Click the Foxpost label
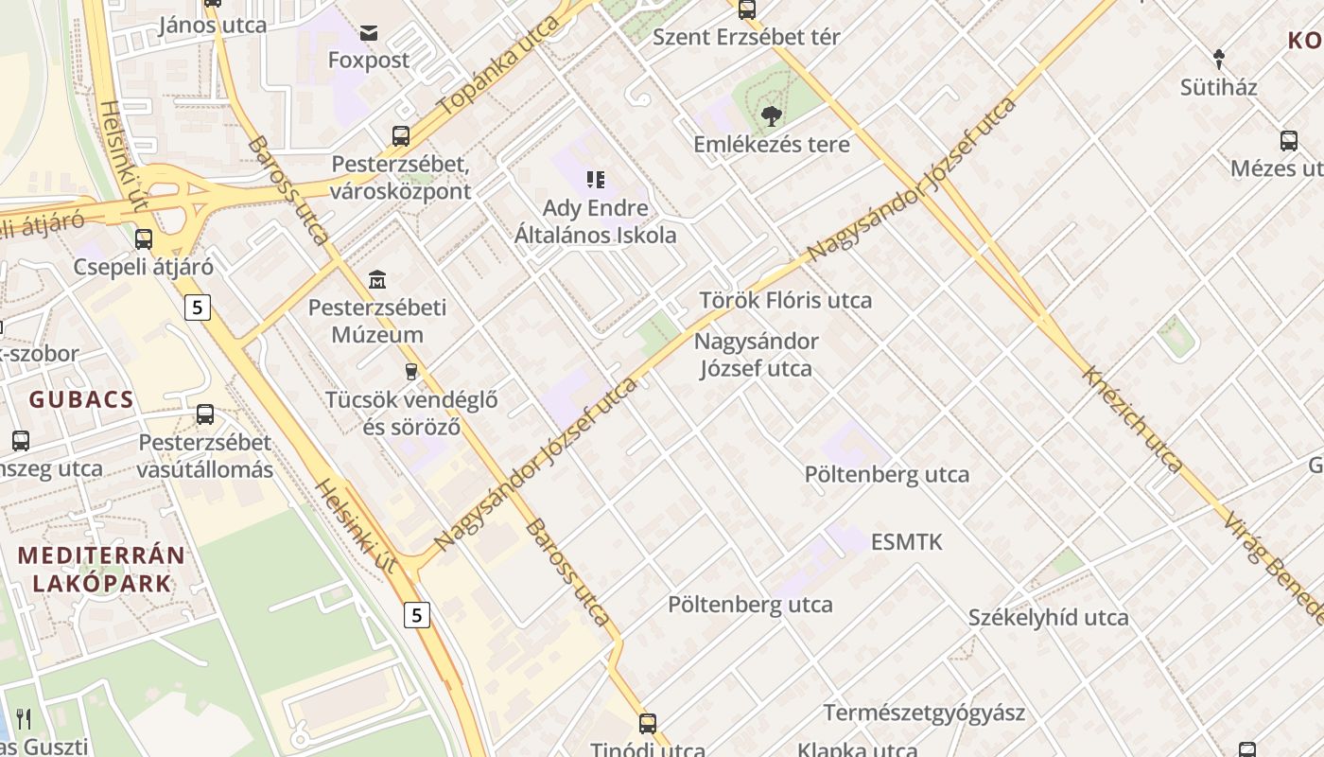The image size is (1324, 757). coord(369,61)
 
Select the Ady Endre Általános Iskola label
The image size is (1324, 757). coord(596,221)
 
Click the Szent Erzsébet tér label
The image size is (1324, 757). coord(746,38)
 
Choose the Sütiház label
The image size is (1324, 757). coord(1219,88)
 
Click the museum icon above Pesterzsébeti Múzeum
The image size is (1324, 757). coord(377,279)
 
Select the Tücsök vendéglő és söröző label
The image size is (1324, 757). coord(411,413)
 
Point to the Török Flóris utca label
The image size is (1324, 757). coord(785,301)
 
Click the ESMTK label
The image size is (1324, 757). coord(907,542)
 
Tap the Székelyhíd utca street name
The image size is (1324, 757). coord(1048,618)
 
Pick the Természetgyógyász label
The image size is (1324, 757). coord(924,713)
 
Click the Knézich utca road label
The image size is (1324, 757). coord(1132,419)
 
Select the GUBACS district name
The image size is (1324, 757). coord(81,399)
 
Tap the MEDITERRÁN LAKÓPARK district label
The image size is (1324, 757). coord(102,569)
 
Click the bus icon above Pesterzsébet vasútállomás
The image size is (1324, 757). coord(205,414)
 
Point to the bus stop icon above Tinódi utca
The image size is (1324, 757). coord(648,724)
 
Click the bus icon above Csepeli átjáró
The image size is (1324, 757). coord(144,238)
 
